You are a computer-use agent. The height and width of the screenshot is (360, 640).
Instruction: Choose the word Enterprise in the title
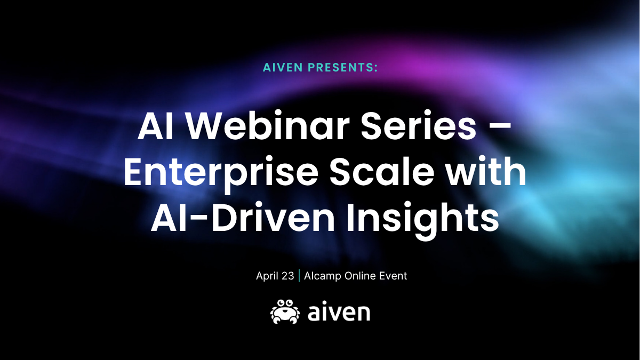[221, 173]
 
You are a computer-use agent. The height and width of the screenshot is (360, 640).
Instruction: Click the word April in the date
[266, 276]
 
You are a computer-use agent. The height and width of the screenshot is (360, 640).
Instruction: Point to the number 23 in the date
[287, 276]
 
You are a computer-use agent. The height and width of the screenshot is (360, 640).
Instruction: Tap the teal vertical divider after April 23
[299, 276]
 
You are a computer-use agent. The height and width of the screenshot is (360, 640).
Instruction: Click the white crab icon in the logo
[285, 311]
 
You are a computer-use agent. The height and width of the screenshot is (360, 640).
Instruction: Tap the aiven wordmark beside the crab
[339, 313]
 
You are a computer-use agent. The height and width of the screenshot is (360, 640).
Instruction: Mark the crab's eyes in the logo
[285, 303]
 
